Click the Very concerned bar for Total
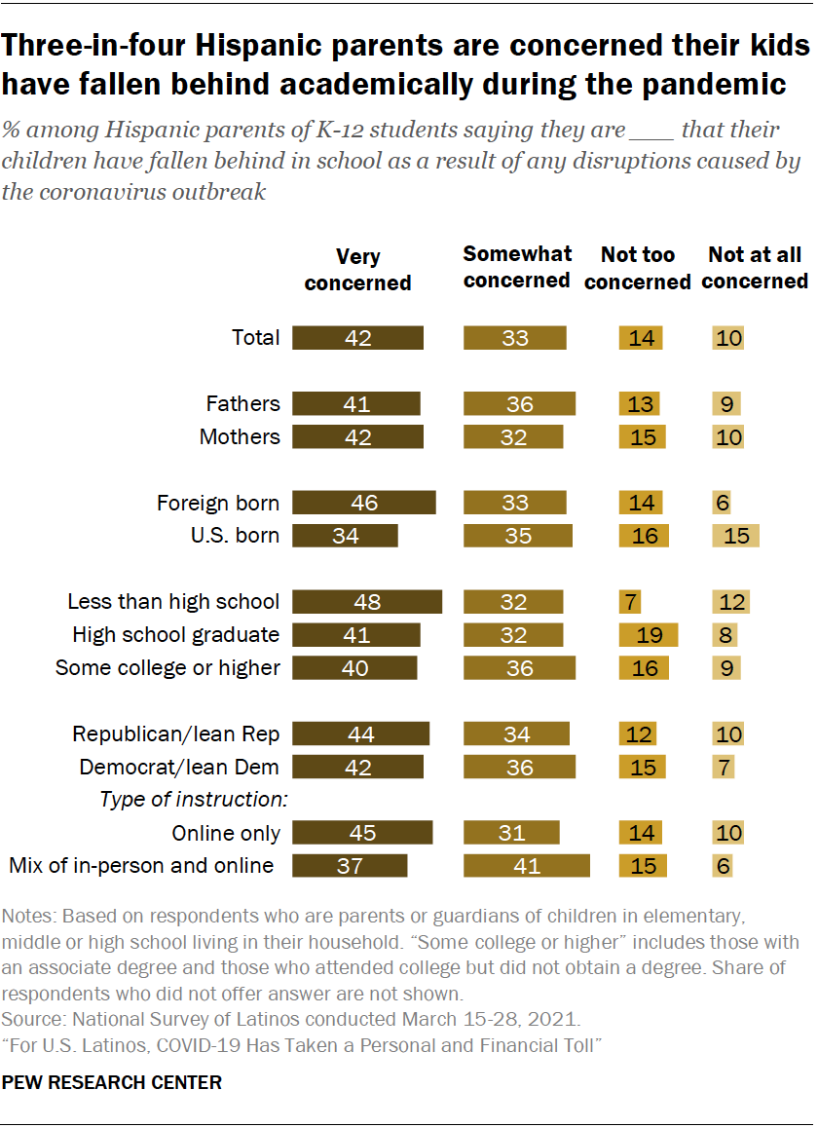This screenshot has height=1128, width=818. click(x=357, y=338)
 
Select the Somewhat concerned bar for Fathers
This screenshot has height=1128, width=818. click(x=519, y=403)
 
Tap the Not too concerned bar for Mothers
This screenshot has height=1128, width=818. click(x=643, y=436)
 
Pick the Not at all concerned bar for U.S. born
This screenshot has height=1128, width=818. click(x=734, y=536)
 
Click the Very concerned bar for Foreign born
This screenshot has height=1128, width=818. click(x=363, y=503)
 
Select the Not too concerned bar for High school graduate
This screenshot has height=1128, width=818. click(x=649, y=635)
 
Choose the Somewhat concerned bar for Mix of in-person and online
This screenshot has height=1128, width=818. click(x=527, y=866)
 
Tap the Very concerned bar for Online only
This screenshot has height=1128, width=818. click(x=361, y=833)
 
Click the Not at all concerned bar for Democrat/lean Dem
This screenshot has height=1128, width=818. click(x=722, y=767)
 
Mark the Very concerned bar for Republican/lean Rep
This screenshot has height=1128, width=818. click(x=360, y=733)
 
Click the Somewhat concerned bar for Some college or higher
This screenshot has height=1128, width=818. click(x=519, y=668)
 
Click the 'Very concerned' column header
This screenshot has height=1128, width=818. click(x=357, y=270)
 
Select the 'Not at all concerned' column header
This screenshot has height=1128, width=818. click(x=755, y=268)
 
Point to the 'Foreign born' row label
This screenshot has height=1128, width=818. click(x=218, y=503)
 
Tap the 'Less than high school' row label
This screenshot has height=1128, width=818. click(x=173, y=602)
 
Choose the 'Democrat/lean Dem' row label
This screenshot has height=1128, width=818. click(x=179, y=767)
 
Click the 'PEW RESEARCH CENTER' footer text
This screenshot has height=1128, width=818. click(x=112, y=1082)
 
